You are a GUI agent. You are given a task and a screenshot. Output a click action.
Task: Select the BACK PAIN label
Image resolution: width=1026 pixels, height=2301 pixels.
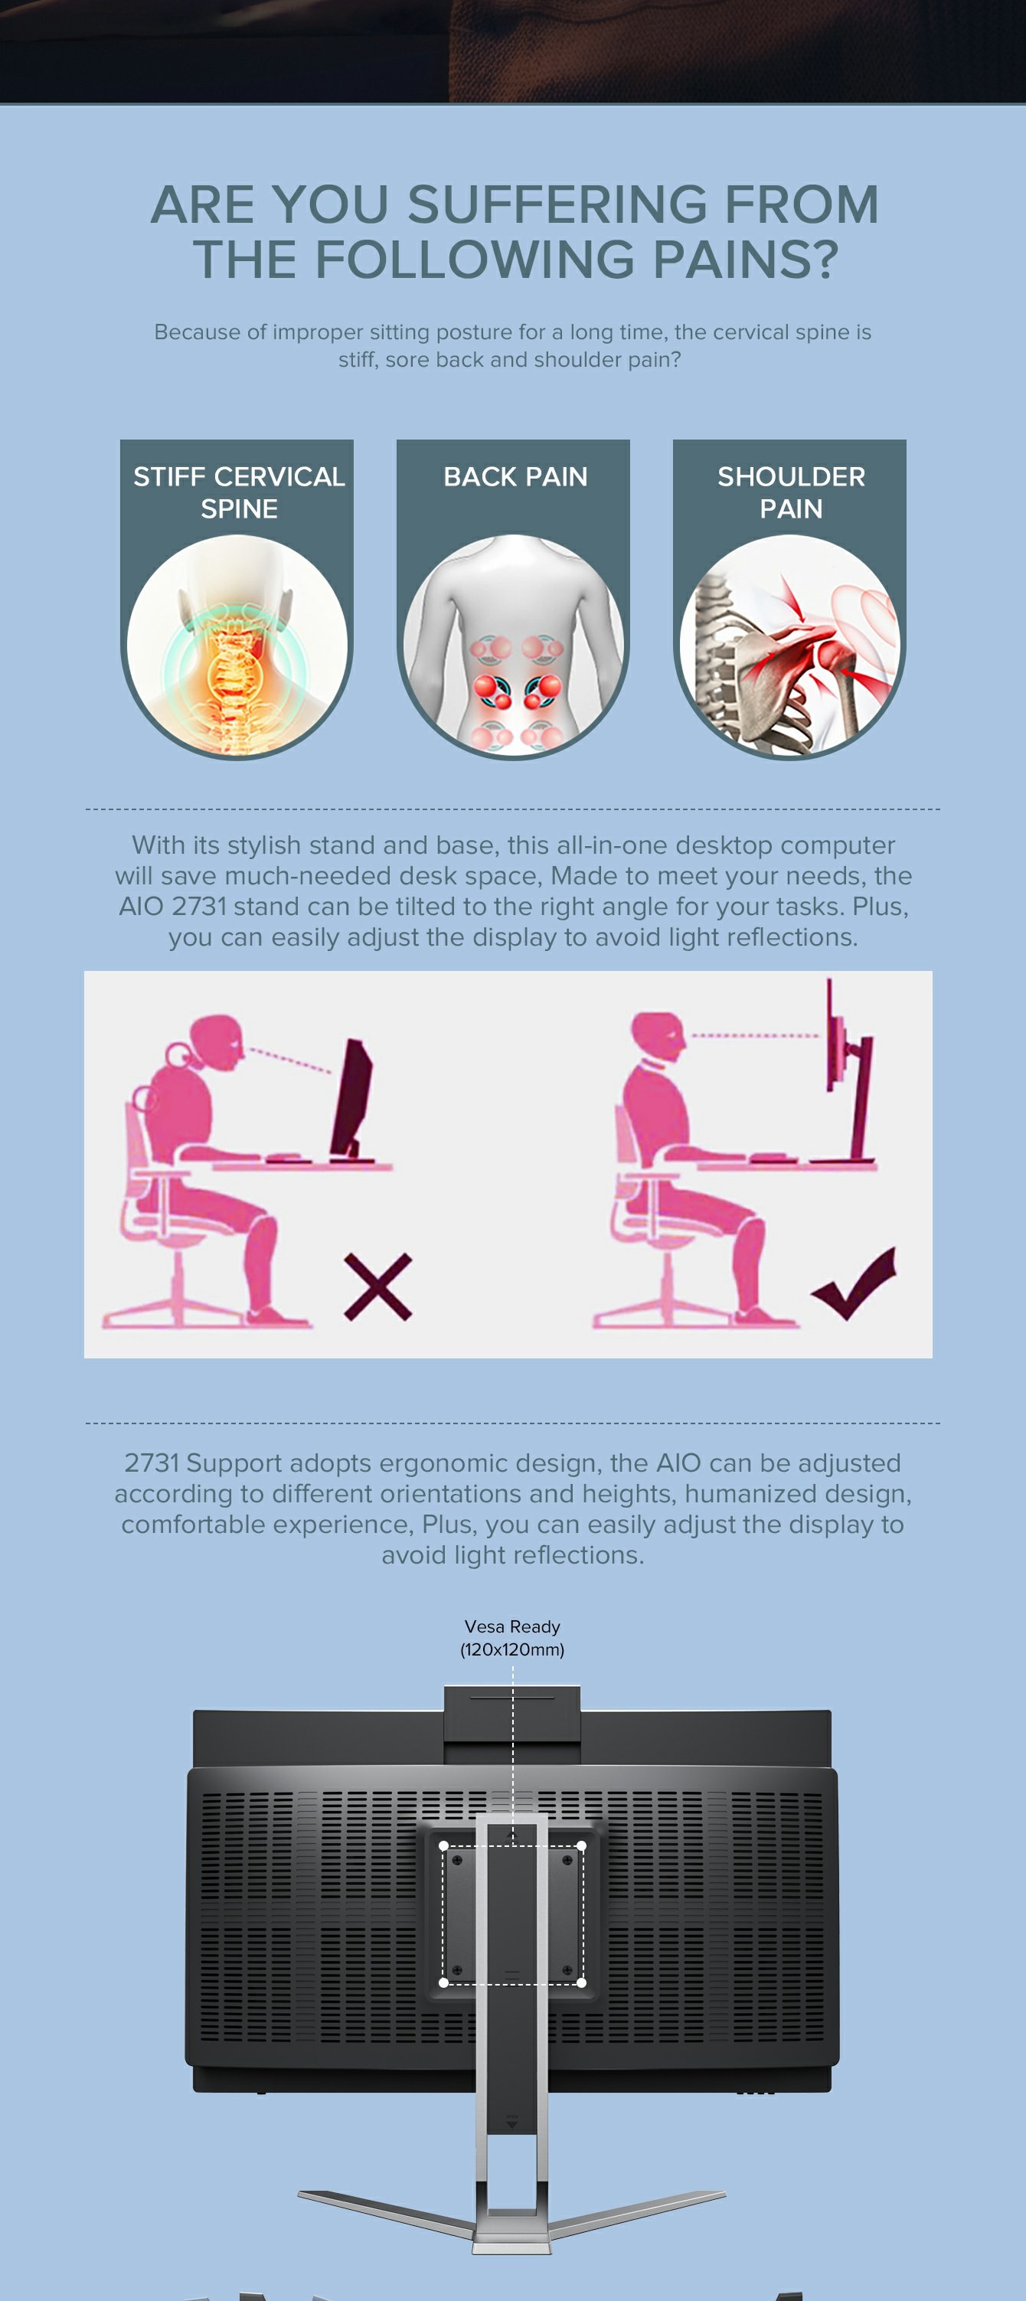tap(515, 477)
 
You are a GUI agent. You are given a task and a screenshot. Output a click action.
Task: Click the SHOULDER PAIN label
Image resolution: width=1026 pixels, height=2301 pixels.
tap(791, 492)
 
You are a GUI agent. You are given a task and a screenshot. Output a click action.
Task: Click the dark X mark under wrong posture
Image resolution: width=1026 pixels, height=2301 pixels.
tap(377, 1287)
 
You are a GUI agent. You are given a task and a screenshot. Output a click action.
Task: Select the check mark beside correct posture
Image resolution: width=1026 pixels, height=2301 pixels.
tap(854, 1283)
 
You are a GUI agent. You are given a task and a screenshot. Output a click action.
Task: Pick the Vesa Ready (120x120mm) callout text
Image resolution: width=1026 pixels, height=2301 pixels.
tap(512, 1638)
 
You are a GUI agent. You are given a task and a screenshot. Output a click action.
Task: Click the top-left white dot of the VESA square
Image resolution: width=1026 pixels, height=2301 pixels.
tap(444, 1845)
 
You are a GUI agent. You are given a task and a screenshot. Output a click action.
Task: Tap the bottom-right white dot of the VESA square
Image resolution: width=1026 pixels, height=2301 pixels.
tap(581, 1982)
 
